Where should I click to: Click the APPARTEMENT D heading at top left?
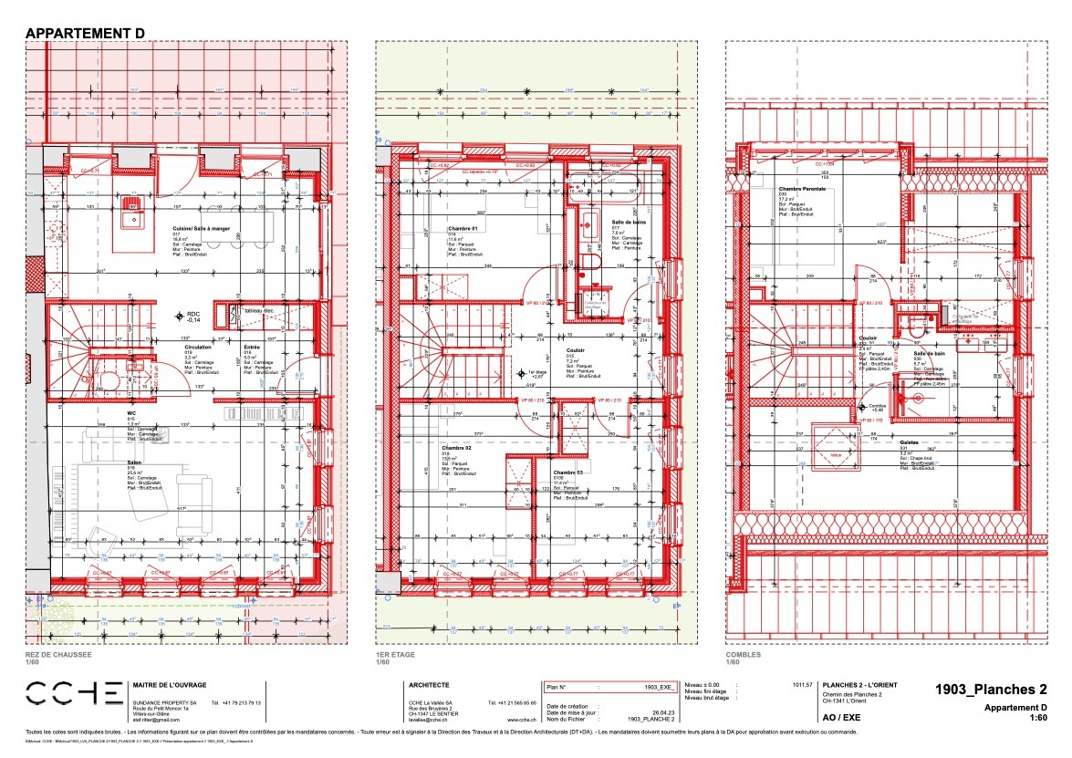85,33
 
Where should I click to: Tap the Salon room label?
132,462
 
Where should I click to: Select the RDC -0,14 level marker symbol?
180,316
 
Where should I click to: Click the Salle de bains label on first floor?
629,223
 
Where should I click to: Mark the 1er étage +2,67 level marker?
572,373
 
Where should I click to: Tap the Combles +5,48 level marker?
862,407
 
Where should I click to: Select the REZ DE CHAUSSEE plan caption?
57,655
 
